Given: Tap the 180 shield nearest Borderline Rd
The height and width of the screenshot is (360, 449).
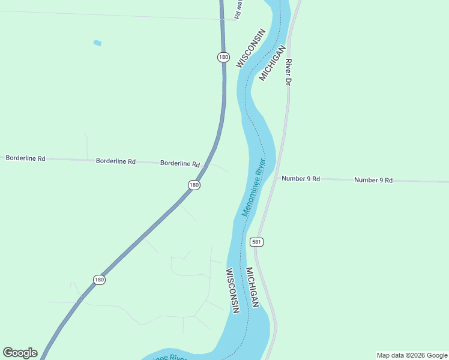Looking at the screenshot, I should point(193,185).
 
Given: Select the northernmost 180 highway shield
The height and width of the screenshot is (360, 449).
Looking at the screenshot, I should point(223,57).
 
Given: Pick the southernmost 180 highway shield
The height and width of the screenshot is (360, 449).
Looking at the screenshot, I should point(100,280).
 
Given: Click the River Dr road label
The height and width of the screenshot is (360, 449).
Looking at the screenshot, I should point(289,71).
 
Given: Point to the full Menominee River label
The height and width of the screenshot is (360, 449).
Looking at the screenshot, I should point(253,187).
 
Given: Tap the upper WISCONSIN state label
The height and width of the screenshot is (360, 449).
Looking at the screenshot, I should point(251,48).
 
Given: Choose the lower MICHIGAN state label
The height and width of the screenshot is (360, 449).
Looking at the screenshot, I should point(252,287).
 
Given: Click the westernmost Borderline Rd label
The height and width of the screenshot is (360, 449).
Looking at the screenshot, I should point(25,158).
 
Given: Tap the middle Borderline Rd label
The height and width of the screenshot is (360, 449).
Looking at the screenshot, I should point(116,161).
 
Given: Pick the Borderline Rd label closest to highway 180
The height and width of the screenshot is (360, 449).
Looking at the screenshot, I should point(180,163).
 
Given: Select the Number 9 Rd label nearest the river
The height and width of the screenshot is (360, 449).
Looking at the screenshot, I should point(301,179).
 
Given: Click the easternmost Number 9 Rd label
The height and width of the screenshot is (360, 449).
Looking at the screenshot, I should point(373,180).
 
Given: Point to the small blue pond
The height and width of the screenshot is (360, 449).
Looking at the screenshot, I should point(97,43).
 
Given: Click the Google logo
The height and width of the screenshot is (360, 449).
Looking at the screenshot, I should point(20,353).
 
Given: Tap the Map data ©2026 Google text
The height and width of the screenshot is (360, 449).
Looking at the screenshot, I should point(412,355).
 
